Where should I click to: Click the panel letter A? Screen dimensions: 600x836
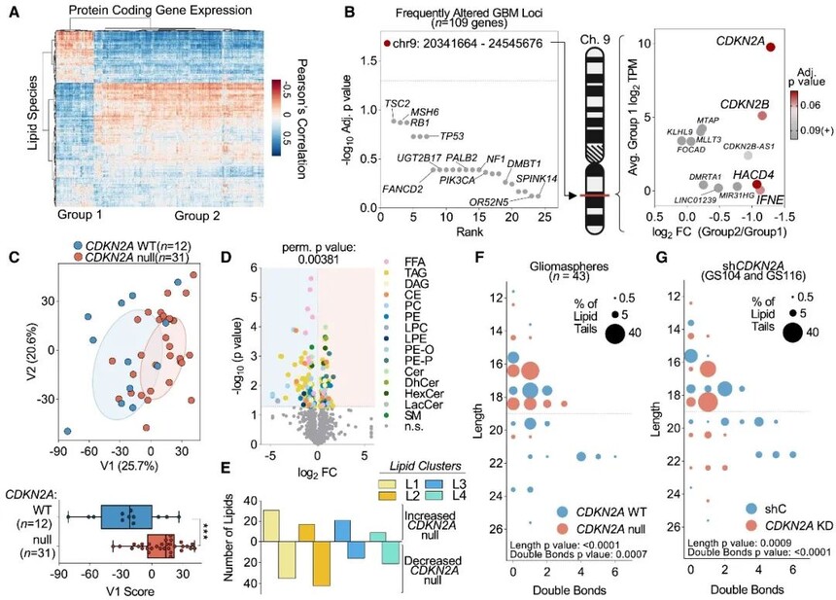(x=11, y=12)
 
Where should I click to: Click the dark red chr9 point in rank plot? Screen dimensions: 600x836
(x=387, y=45)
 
